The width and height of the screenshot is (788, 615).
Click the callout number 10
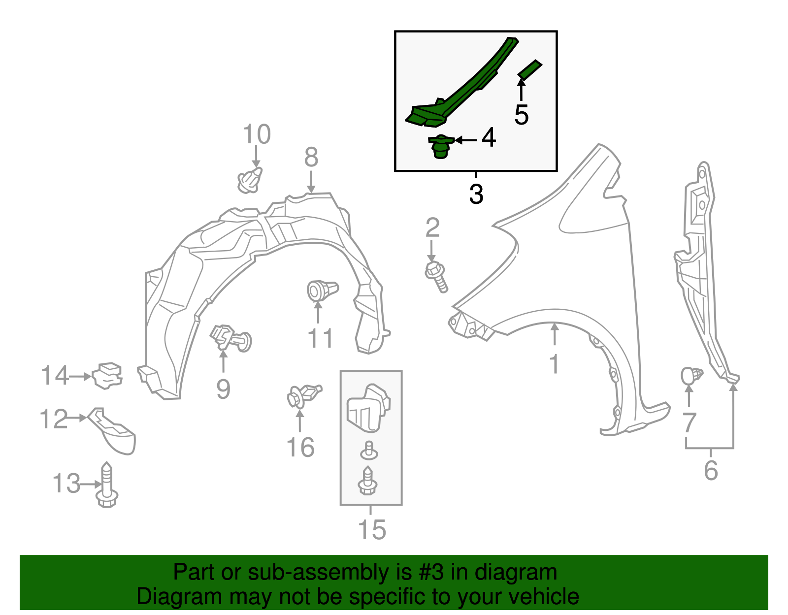coord(257,134)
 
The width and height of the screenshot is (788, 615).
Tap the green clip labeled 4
coord(441,146)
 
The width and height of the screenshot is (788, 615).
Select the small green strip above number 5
coord(530,69)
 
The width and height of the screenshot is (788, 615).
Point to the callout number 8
coord(311,157)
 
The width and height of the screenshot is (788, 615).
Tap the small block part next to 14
coord(107,376)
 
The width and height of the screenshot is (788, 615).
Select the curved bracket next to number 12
coord(112,430)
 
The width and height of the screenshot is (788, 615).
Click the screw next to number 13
coord(107,485)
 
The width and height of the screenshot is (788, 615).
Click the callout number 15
coord(372,529)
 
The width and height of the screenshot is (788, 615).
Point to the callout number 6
coord(711,470)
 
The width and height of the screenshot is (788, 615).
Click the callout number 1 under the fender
coord(555,363)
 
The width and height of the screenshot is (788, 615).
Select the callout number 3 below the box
coord(476,194)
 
